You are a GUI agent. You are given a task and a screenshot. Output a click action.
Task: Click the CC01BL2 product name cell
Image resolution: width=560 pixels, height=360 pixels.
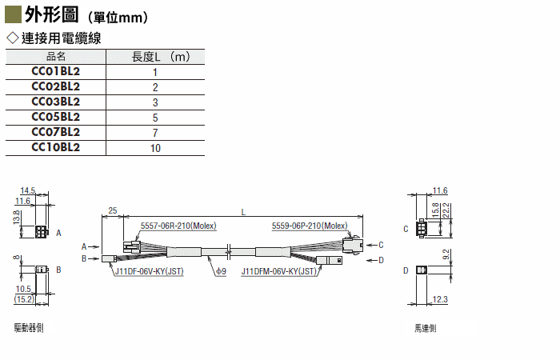point(56,71)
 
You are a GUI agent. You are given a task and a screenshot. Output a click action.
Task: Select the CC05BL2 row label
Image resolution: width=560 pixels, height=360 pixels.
point(56,117)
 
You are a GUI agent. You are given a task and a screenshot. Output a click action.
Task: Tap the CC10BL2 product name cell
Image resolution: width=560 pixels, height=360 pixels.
point(56,147)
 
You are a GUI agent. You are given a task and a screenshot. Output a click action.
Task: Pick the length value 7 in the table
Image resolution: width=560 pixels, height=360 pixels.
point(155,133)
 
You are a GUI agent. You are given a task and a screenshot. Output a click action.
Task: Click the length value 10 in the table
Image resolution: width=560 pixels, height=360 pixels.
point(155,148)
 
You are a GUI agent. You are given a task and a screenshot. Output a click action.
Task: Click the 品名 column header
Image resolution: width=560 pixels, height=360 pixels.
point(56,57)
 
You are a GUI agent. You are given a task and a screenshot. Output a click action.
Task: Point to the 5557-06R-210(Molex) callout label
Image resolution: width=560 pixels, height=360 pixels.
point(178,226)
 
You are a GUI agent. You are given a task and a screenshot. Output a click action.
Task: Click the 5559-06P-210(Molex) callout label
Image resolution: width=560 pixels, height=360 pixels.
point(310,226)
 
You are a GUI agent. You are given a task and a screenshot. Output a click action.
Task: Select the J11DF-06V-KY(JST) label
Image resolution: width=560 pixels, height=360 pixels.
point(150,271)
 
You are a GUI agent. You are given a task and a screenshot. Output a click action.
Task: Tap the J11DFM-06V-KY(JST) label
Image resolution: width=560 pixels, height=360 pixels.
point(279,271)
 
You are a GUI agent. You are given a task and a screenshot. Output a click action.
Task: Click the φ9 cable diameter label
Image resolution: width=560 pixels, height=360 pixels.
point(221,271)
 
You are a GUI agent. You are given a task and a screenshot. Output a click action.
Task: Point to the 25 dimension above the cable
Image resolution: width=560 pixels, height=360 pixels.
point(113,210)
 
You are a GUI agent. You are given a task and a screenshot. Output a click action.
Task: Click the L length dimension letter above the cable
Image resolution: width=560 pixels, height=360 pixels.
point(243,212)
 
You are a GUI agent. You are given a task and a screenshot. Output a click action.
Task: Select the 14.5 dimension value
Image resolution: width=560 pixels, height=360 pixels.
point(28,190)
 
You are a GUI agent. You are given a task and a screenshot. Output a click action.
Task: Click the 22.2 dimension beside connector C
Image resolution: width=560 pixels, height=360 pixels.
point(446,210)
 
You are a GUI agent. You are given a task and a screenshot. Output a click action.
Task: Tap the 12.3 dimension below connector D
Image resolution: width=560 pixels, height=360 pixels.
point(440,299)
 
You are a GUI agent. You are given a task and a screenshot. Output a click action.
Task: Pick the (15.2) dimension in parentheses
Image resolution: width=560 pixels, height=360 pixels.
point(24,299)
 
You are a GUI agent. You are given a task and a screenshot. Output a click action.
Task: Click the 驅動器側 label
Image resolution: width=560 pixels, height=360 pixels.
point(29,327)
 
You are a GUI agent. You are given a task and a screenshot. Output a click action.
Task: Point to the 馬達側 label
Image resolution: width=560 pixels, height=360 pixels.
point(426,328)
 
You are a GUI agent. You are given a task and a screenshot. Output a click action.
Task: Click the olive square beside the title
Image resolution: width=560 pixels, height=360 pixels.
point(13,14)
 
